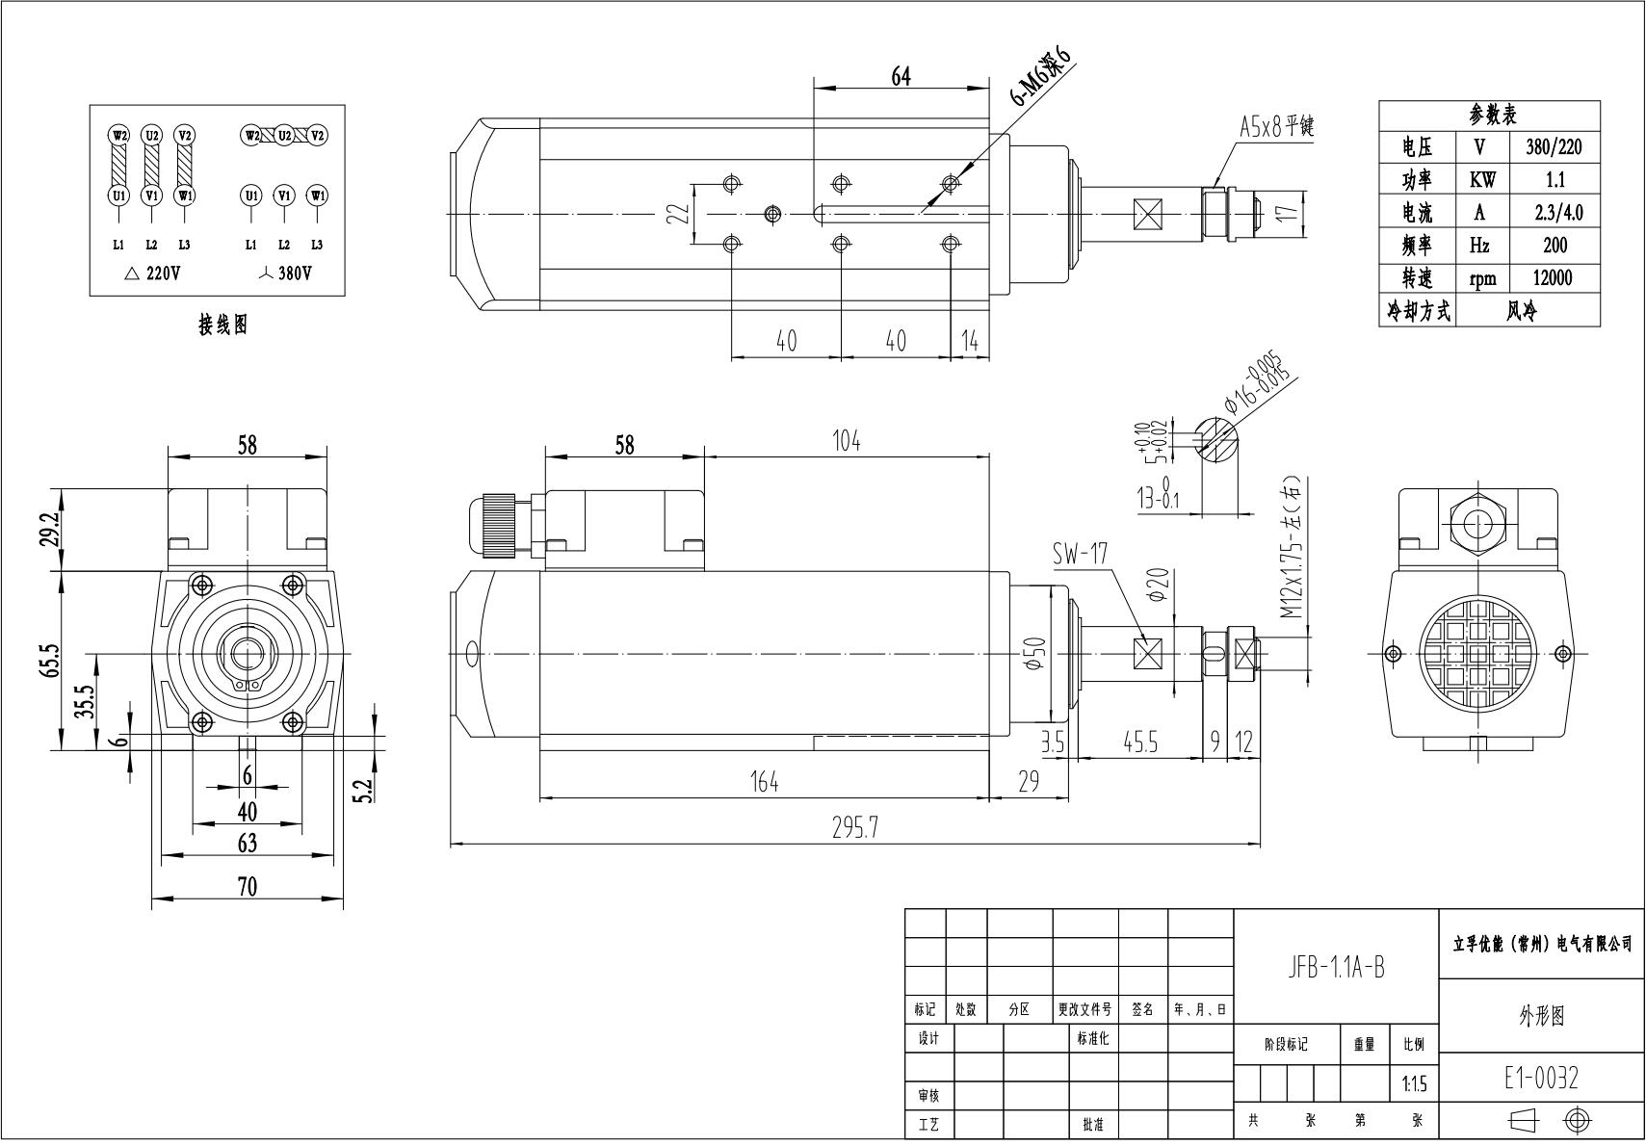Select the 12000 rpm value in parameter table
pos(1553,278)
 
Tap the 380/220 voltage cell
pos(1553,147)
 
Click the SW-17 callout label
pos(1079,554)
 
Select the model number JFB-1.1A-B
pos(1336,968)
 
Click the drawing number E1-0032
pos(1541,1078)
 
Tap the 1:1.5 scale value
pos(1413,1085)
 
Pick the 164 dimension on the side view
pos(764,782)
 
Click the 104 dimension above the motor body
pos(846,441)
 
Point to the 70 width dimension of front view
pos(248,886)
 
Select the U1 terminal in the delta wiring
pos(118,195)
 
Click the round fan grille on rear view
pos(1476,654)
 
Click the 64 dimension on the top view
pos(901,76)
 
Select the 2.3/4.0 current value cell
pos(1553,213)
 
